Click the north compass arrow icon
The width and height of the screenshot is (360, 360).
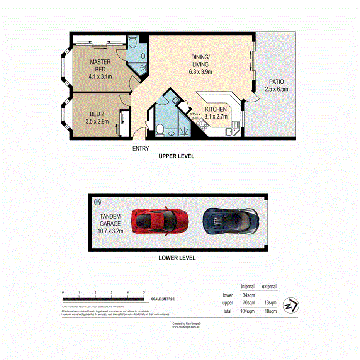click(290, 305)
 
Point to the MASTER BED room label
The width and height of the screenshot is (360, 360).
click(100, 69)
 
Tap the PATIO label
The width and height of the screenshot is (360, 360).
click(277, 85)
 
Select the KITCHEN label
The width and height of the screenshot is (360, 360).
click(216, 113)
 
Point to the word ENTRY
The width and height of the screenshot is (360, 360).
click(140, 148)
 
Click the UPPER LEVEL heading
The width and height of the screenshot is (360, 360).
click(176, 156)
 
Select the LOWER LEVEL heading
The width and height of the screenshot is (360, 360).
click(177, 258)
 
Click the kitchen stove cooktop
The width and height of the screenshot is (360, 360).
click(202, 124)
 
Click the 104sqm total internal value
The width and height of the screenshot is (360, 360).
click(247, 311)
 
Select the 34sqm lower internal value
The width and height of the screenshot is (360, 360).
click(248, 295)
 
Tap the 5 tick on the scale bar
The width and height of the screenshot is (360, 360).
click(144, 292)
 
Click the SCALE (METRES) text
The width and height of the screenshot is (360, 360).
click(163, 299)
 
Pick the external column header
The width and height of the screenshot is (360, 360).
click(269, 287)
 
